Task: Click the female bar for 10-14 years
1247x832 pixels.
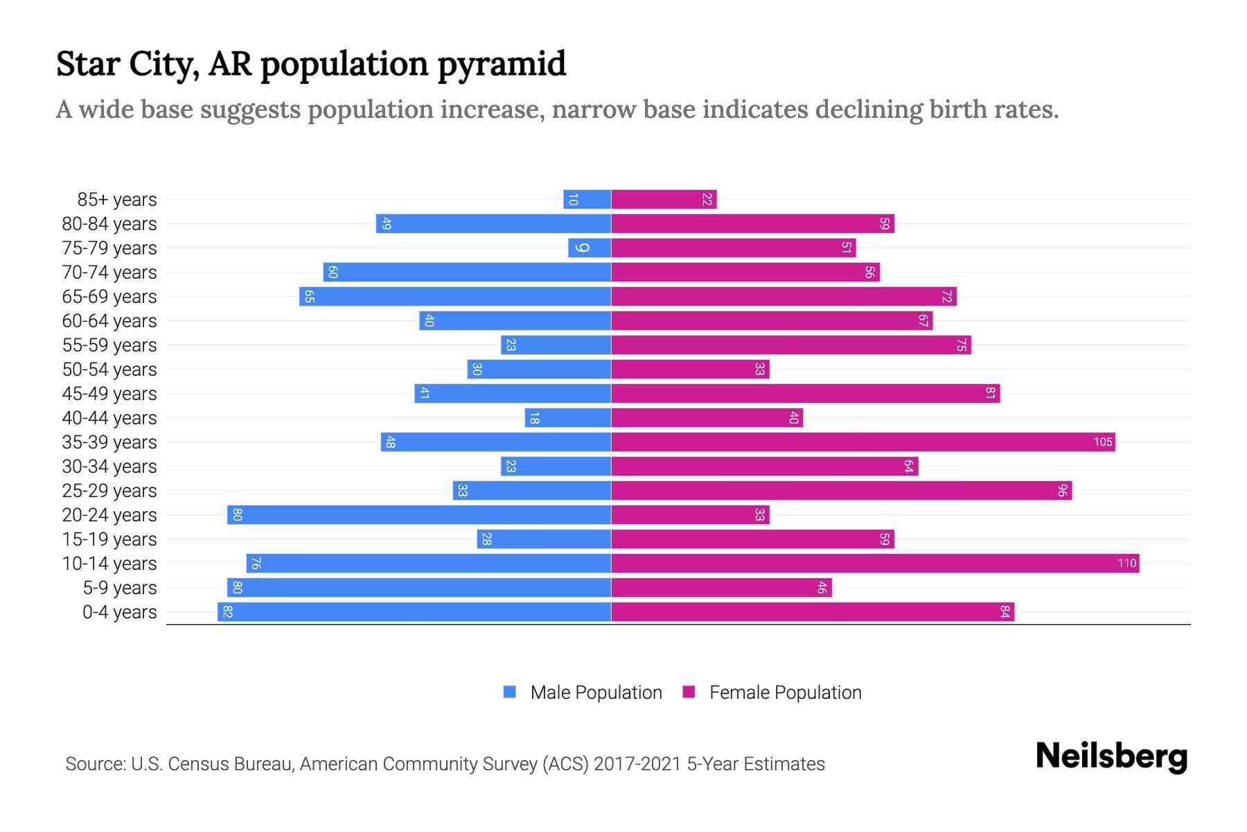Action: pyautogui.click(x=874, y=563)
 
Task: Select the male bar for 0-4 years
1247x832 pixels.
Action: pyautogui.click(x=414, y=612)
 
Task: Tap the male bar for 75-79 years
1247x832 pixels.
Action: pyautogui.click(x=590, y=248)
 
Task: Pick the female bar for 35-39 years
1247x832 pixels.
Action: pyautogui.click(x=863, y=442)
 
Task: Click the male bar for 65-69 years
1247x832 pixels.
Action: pyautogui.click(x=455, y=296)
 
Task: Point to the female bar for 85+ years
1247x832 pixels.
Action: pyautogui.click(x=664, y=199)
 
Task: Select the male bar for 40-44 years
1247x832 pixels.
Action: pyautogui.click(x=568, y=417)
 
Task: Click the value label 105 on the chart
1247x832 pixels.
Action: pyautogui.click(x=1102, y=442)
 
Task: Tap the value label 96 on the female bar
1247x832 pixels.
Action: pyautogui.click(x=1062, y=490)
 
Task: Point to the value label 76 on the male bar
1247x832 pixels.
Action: pyautogui.click(x=256, y=563)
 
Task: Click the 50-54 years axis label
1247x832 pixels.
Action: pyautogui.click(x=109, y=370)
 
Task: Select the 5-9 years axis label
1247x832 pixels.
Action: pyautogui.click(x=119, y=588)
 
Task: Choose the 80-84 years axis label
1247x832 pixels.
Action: pyautogui.click(x=109, y=224)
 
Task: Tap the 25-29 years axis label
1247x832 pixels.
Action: pyautogui.click(x=109, y=491)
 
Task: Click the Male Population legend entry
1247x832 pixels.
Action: pyautogui.click(x=596, y=692)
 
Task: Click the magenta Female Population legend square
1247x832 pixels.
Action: pyautogui.click(x=689, y=692)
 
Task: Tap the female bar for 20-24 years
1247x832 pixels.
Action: pyautogui.click(x=690, y=514)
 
